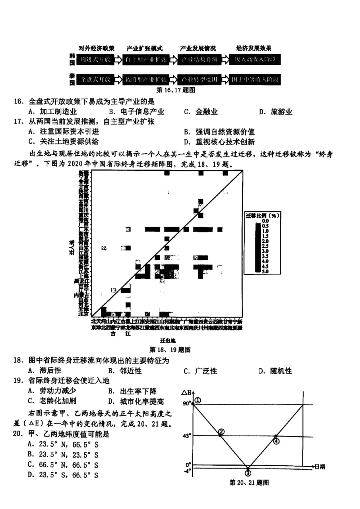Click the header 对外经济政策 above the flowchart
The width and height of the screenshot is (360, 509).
(96, 48)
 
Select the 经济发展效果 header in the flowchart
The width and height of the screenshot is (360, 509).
(254, 48)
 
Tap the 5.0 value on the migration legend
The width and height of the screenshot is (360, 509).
(265, 271)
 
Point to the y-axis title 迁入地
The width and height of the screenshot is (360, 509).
(71, 247)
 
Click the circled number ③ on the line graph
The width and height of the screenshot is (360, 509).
(247, 473)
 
